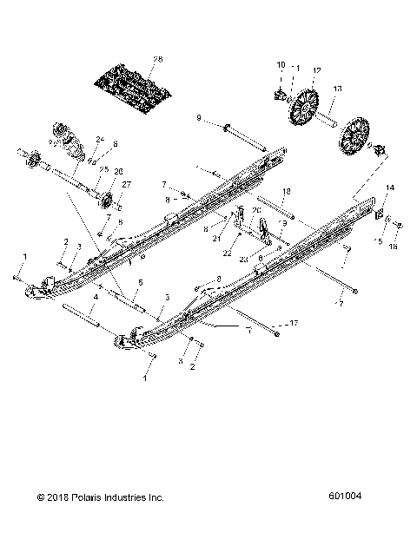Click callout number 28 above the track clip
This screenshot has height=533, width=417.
157,59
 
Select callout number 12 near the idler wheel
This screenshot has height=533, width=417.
316,69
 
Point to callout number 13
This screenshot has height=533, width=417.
337,89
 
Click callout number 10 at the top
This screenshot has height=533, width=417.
281,64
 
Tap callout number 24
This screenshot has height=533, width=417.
101,139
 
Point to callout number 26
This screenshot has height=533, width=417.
118,171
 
